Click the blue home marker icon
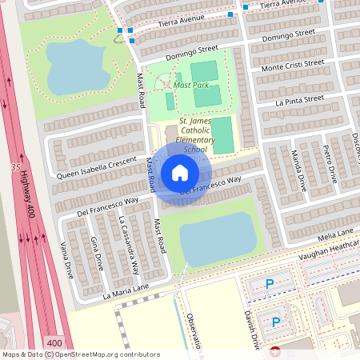[179, 172]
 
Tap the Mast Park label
[190, 85]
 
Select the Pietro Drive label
[327, 163]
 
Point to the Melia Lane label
[334, 233]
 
